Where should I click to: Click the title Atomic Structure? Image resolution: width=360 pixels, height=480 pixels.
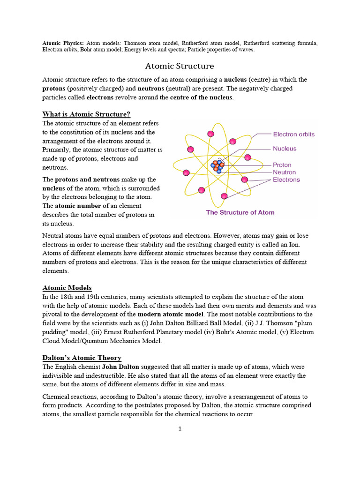click(180, 66)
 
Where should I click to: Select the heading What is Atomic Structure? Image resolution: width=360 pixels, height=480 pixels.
click(86, 114)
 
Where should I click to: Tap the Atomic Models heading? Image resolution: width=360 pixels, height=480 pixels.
click(67, 287)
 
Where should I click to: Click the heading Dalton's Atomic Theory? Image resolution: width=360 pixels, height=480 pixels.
click(82, 358)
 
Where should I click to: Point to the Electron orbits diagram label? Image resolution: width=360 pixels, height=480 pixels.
click(293, 134)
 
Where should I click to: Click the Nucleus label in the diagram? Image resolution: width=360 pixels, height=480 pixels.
click(285, 149)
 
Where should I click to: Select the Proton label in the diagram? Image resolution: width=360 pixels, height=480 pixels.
click(282, 165)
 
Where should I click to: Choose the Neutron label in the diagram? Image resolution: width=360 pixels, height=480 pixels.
click(284, 172)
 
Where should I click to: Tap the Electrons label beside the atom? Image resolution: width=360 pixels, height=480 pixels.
click(286, 180)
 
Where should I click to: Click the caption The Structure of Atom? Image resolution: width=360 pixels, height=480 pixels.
click(240, 212)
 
